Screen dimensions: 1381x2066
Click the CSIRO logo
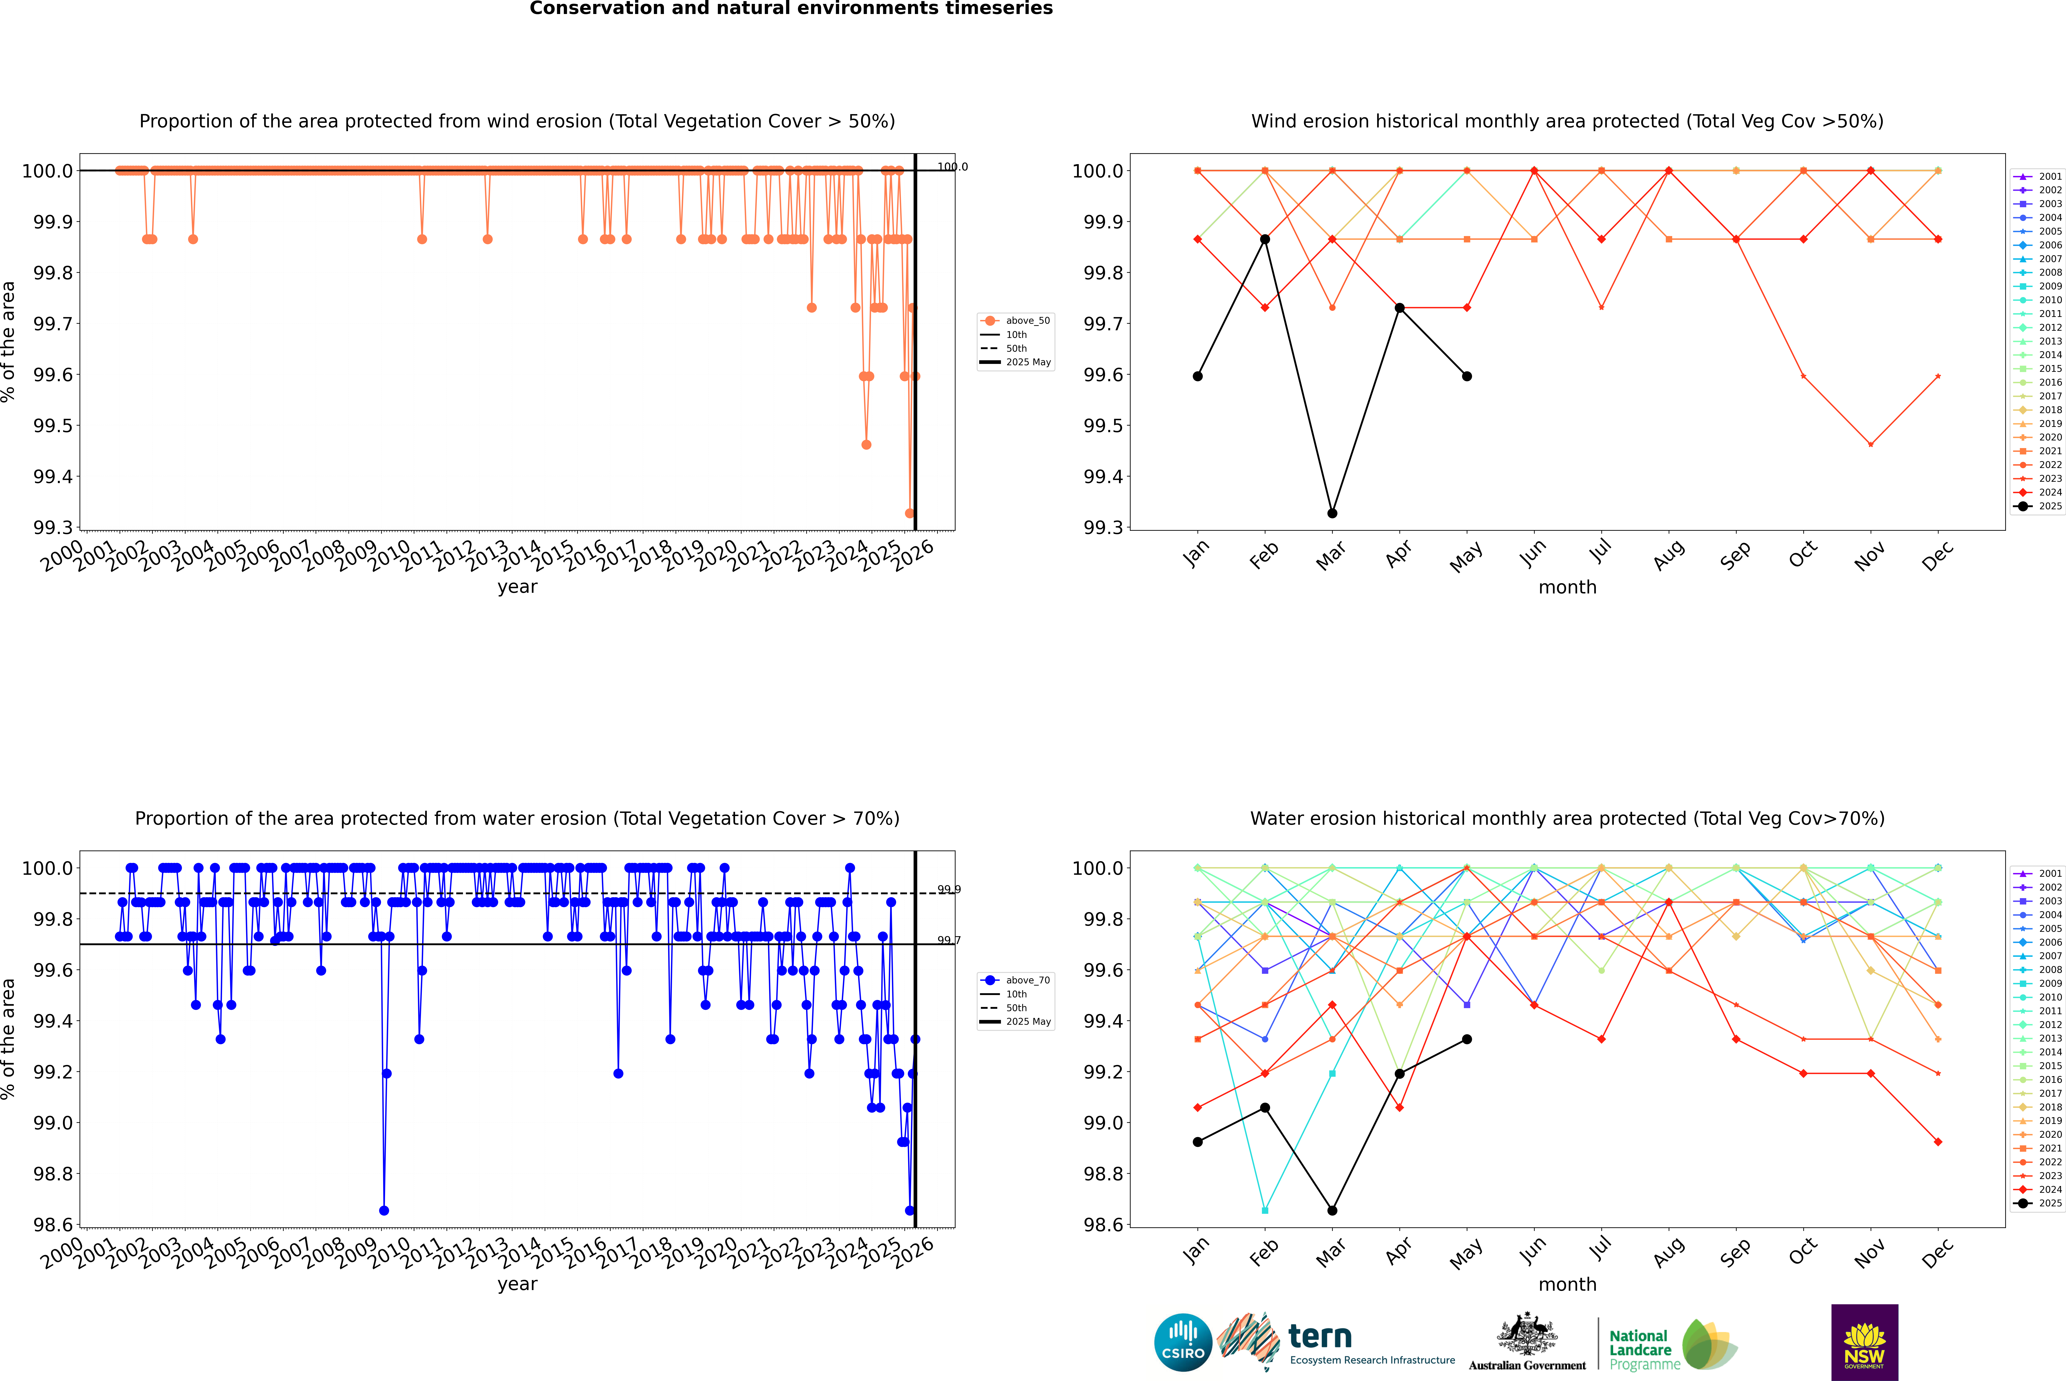pyautogui.click(x=1183, y=1342)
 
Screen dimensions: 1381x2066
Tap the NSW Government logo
pyautogui.click(x=1864, y=1342)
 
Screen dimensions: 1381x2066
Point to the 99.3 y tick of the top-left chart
pyautogui.click(x=53, y=528)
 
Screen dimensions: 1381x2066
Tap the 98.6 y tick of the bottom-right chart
pyautogui.click(x=1103, y=1225)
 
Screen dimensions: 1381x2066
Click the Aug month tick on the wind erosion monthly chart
pyautogui.click(x=1669, y=555)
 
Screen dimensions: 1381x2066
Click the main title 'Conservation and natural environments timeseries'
pyautogui.click(x=791, y=9)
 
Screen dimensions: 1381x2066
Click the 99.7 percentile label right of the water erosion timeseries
pyautogui.click(x=949, y=941)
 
